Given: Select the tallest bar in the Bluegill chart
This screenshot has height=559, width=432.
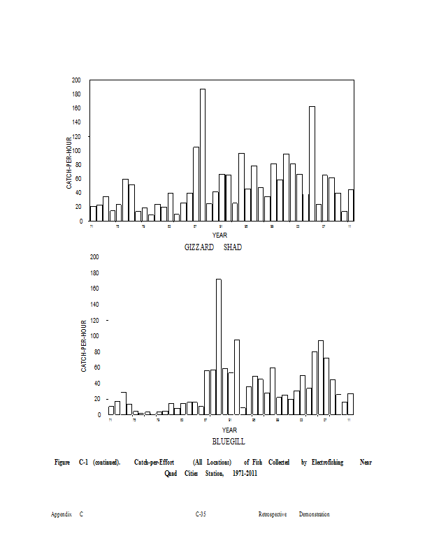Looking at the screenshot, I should click(219, 347).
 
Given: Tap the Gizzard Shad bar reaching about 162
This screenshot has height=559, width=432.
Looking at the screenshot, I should click(312, 164).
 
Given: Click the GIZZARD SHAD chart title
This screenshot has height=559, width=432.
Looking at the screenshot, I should click(213, 247).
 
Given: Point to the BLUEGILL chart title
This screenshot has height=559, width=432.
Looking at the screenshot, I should click(229, 442).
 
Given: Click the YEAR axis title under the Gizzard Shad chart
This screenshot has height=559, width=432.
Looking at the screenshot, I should click(219, 235).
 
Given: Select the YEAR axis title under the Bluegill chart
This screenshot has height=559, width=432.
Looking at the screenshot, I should click(229, 430).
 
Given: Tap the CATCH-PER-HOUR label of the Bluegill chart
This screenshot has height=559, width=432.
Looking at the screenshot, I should click(84, 345).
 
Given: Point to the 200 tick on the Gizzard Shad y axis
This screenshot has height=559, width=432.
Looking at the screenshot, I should click(76, 80).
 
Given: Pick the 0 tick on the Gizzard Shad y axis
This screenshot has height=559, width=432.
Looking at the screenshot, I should click(81, 221).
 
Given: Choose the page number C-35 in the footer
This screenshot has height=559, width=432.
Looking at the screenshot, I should click(201, 514).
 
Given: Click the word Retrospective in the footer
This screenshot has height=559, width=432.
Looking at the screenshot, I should click(273, 514).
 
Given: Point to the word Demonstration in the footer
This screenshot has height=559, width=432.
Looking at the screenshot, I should click(315, 514).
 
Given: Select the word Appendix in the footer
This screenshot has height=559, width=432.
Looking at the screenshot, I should click(62, 514).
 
